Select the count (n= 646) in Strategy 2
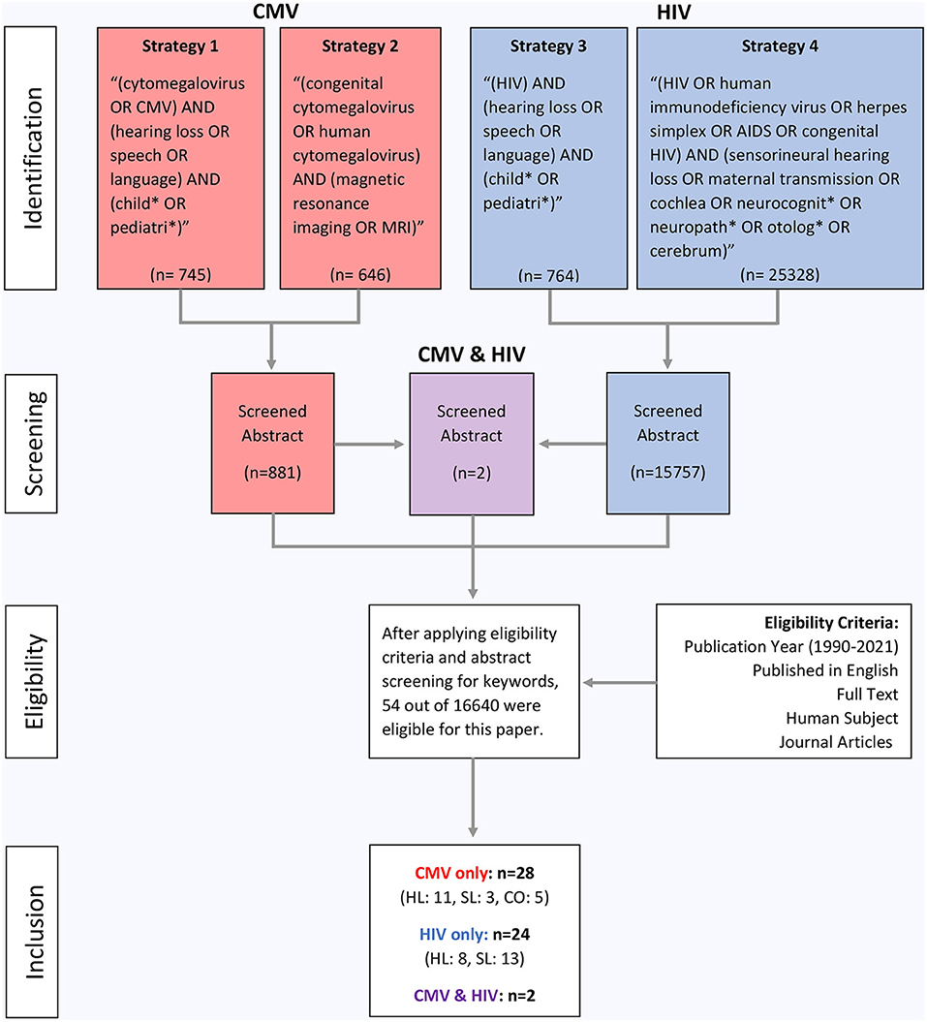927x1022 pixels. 359,275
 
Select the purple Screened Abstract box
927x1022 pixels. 472,443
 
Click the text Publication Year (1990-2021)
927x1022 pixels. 790,645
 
